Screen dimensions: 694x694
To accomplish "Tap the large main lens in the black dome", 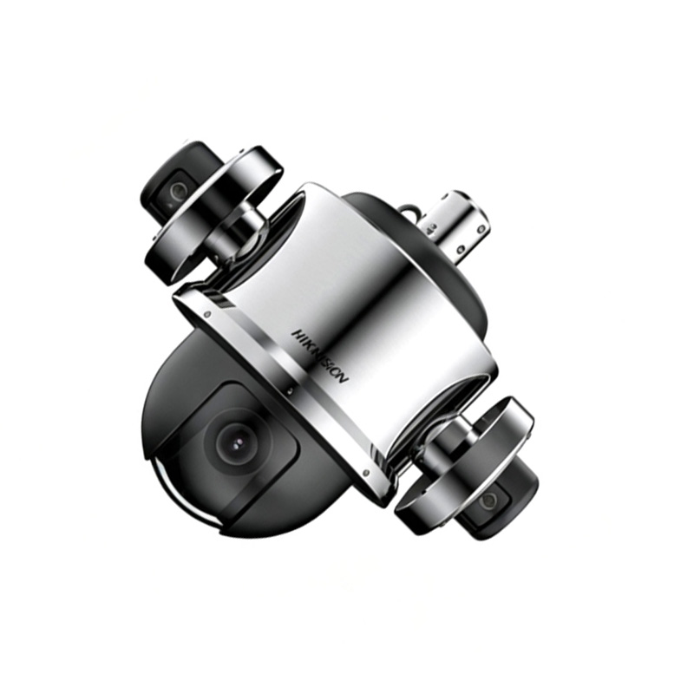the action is [238, 442].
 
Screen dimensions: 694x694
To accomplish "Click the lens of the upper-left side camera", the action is [179, 190].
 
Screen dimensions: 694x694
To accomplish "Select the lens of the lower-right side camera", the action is [490, 500].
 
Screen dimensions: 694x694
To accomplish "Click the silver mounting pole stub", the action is [456, 225].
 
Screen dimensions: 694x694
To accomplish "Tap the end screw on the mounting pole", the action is [480, 229].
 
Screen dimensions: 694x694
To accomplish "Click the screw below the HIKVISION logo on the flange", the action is [289, 391].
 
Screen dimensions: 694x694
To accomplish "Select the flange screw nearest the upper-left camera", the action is [207, 315].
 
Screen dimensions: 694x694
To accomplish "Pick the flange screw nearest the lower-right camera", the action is [366, 472].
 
